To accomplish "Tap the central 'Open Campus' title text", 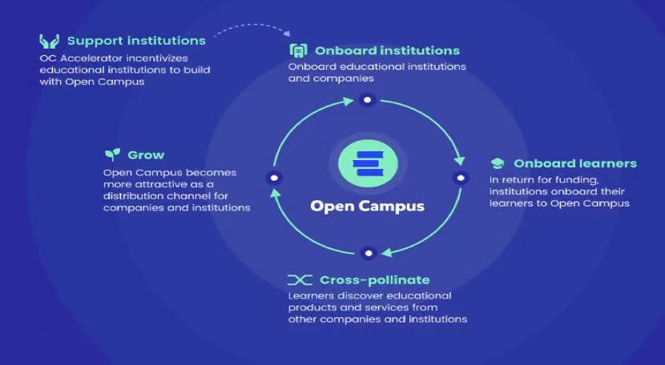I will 368,206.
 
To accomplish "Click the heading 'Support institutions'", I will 136,40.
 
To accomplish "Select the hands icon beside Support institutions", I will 49,40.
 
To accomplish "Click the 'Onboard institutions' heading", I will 387,50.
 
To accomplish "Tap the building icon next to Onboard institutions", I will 298,50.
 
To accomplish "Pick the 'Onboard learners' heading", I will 575,163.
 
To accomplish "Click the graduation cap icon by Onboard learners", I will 498,163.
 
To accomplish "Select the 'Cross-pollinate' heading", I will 375,280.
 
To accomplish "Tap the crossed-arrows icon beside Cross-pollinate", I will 300,280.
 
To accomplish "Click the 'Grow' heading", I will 146,154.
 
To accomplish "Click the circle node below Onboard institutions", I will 368,100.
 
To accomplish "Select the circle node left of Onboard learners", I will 459,177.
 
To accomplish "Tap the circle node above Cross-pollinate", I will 368,253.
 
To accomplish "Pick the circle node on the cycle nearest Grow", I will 276,177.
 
